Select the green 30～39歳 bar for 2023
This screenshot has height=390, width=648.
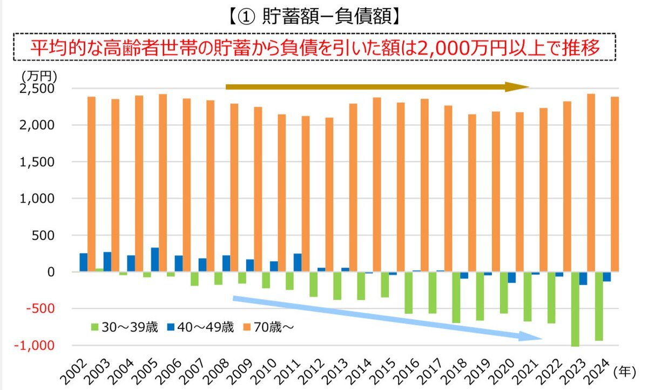[x=575, y=308]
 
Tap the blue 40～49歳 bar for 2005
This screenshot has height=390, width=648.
[x=155, y=260]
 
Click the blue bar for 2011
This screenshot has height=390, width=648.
[x=298, y=263]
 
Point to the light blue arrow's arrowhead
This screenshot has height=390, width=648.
[x=532, y=336]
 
